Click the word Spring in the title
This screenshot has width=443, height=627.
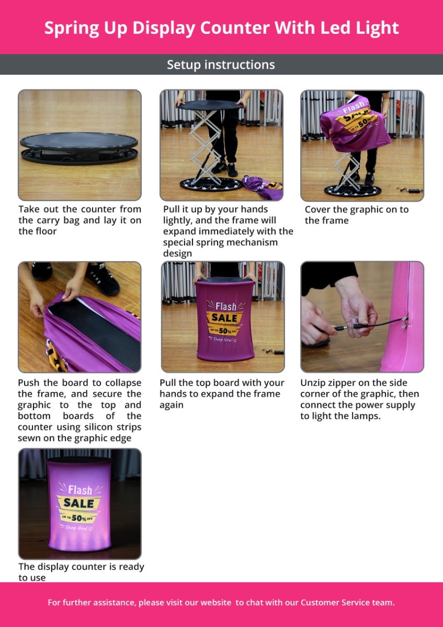click(72, 29)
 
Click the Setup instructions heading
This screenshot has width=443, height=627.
click(221, 65)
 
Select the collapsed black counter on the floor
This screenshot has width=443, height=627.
click(79, 148)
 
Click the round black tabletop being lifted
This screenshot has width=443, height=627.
click(211, 105)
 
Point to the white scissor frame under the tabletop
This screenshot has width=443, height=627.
click(207, 146)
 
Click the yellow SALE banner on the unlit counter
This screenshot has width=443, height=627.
click(224, 318)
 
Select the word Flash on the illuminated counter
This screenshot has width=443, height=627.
click(80, 490)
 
